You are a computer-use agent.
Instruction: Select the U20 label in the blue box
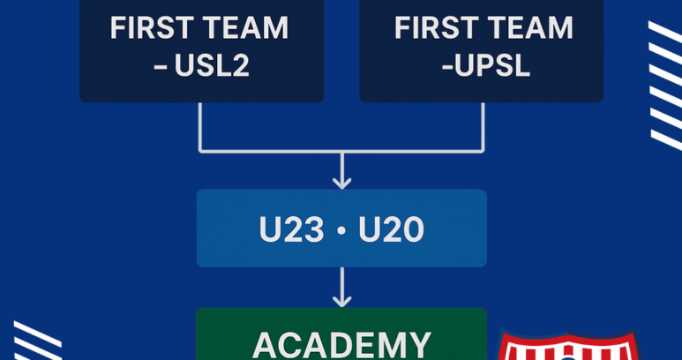tap(392, 230)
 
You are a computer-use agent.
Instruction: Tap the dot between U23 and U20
tap(341, 231)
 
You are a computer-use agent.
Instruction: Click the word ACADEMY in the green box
tap(341, 343)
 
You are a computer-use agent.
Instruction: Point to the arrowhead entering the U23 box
tap(341, 181)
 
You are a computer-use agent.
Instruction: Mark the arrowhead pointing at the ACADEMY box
tap(341, 300)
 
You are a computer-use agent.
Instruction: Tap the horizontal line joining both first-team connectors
tap(341, 152)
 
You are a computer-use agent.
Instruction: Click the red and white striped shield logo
tap(568, 346)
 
